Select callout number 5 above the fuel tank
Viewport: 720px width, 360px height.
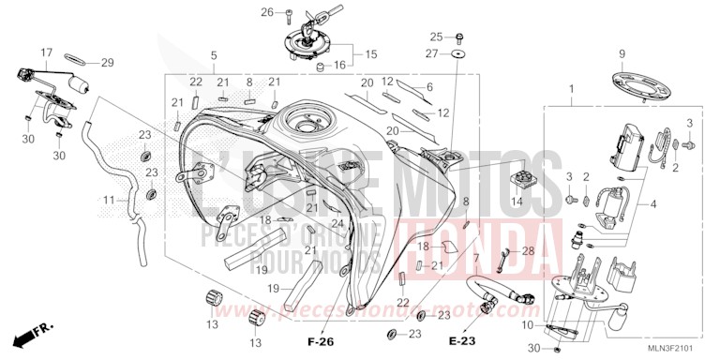(x=214, y=55)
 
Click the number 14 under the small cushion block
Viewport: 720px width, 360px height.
(x=517, y=202)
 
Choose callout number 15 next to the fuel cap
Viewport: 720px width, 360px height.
(x=370, y=54)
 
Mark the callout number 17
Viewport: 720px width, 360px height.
(x=47, y=52)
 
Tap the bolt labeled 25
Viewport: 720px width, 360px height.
(x=459, y=37)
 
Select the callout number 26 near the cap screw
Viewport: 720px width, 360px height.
(x=266, y=12)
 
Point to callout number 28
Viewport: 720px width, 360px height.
(x=529, y=250)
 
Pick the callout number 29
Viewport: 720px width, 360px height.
(x=107, y=63)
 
